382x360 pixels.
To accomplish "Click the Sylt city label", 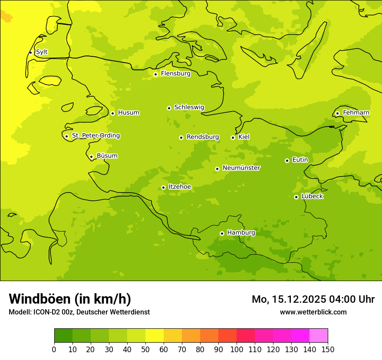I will [x=42, y=52].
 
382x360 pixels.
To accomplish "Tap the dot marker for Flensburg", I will [x=155, y=74].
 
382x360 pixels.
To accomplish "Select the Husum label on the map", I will [x=128, y=113].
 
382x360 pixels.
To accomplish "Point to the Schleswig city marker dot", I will [x=169, y=108].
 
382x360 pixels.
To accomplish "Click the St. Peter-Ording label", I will [x=95, y=136].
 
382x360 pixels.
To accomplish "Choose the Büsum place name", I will [x=107, y=156].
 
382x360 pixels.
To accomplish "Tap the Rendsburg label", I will [x=203, y=137].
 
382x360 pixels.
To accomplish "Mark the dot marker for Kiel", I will [x=233, y=137].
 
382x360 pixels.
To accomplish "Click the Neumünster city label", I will [x=241, y=168].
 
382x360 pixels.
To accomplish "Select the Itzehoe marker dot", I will [x=163, y=187].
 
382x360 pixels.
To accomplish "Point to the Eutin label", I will [x=300, y=160].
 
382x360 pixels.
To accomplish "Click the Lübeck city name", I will [x=312, y=196].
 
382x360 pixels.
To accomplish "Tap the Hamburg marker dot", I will [x=222, y=233].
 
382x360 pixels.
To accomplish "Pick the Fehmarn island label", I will [x=356, y=113].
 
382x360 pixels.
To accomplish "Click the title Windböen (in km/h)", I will [x=70, y=299].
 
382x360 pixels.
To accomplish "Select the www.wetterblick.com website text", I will [x=313, y=312].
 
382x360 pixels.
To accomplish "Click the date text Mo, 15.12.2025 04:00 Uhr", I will [x=313, y=299].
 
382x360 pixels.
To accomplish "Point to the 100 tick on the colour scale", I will [x=237, y=349].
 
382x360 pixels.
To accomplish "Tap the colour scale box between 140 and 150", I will [x=319, y=336].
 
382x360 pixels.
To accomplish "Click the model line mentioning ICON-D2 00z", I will [x=79, y=312].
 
